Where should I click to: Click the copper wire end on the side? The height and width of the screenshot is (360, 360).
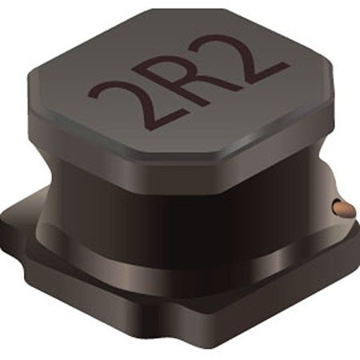coord(344,208)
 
